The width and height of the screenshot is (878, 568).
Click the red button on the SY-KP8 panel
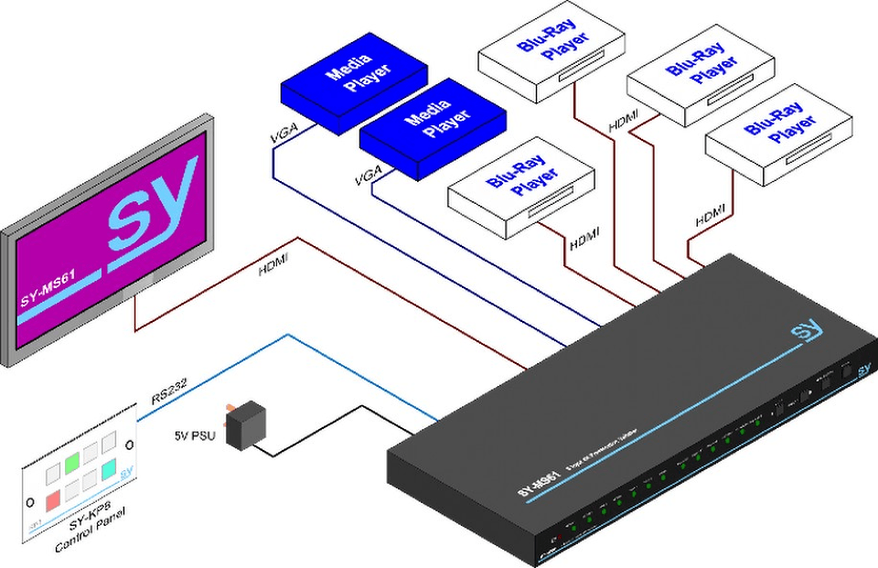coord(53,499)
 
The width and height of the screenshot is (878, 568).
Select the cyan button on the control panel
coord(108,468)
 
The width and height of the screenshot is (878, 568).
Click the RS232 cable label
coord(169,392)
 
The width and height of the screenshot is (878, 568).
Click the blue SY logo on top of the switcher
coord(806,332)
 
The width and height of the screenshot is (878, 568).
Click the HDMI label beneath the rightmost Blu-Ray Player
coord(709,217)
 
